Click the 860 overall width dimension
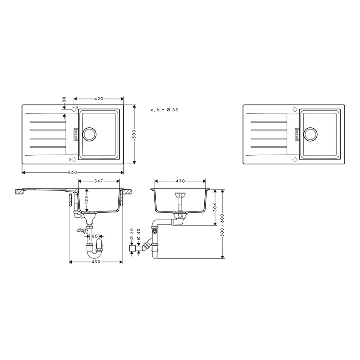tap(72, 172)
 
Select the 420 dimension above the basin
tap(99, 99)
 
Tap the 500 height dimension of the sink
tap(134, 134)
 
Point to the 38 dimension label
tap(64, 99)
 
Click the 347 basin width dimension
tap(99, 181)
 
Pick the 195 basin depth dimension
tap(86, 200)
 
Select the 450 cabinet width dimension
tap(96, 262)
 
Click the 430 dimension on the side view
tap(180, 181)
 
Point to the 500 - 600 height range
tap(222, 224)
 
